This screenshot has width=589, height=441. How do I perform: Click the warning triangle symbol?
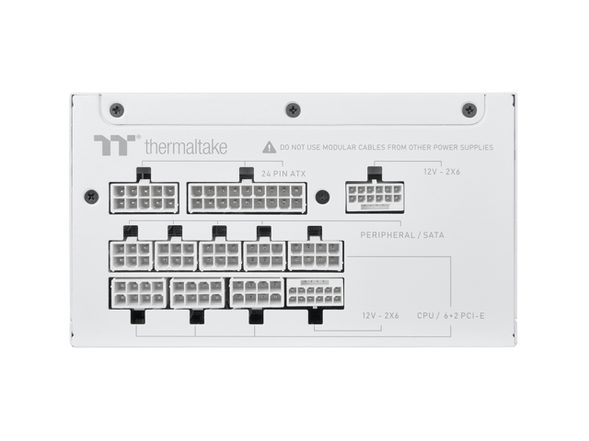[268, 146]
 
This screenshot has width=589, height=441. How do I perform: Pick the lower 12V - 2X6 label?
[378, 315]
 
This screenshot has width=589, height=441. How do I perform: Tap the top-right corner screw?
[468, 107]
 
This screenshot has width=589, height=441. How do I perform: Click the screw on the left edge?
[90, 196]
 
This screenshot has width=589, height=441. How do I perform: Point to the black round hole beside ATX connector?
[322, 197]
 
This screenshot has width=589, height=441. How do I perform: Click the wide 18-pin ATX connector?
[246, 197]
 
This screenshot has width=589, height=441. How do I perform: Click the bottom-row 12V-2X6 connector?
[314, 293]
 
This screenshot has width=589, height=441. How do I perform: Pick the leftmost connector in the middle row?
[130, 254]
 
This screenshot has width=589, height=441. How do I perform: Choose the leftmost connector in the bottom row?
[138, 293]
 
